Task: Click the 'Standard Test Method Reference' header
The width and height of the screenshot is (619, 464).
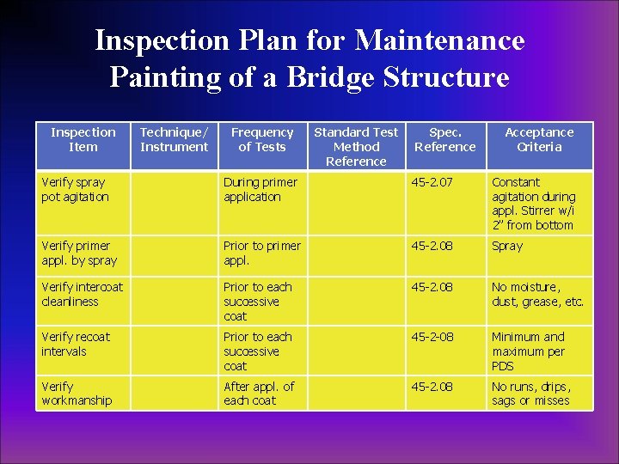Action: (x=356, y=146)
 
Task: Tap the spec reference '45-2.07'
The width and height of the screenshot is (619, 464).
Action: (x=431, y=182)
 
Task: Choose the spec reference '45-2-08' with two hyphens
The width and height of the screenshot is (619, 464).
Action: (x=431, y=337)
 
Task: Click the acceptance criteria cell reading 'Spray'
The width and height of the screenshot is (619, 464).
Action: (x=507, y=246)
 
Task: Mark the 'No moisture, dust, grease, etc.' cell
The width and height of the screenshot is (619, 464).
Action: (x=537, y=295)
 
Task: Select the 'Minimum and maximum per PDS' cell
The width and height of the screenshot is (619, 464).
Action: (x=528, y=351)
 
